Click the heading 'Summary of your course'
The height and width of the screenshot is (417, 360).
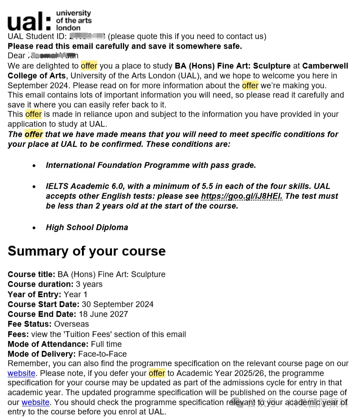86,251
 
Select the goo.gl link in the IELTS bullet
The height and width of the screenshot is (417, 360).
241,196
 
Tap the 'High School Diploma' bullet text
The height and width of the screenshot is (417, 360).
87,227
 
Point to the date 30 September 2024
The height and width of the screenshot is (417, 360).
117,304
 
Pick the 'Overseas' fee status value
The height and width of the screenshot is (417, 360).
72,324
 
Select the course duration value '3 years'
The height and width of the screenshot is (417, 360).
89,284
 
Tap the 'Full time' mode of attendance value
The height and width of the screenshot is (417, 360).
106,344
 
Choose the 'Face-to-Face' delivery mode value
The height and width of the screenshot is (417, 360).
102,354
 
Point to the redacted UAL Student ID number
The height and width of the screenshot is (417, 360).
87,36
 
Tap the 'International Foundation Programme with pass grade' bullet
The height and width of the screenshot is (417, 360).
151,165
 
